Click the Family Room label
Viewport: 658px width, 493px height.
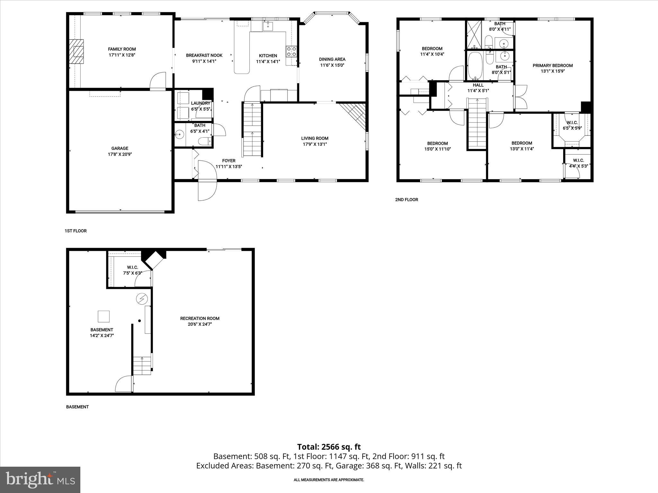point(122,49)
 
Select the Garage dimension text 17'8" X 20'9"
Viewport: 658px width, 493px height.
point(120,154)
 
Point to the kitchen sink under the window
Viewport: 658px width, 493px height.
point(268,26)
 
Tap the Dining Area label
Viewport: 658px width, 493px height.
point(332,59)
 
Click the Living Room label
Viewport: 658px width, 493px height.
point(315,138)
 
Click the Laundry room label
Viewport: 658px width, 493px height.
point(200,103)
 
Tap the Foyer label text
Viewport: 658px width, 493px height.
point(229,161)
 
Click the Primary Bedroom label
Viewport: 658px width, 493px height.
point(553,65)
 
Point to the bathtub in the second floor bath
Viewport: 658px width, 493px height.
point(474,66)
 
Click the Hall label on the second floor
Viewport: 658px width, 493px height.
point(478,85)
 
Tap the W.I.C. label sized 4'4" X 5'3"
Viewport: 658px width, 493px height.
point(578,160)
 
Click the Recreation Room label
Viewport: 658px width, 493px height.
point(200,318)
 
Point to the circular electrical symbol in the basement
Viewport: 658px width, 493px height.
point(142,299)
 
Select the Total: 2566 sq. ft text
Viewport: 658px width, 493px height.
point(329,447)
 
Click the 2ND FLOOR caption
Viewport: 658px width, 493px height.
point(406,200)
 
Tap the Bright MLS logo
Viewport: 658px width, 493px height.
point(40,480)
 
